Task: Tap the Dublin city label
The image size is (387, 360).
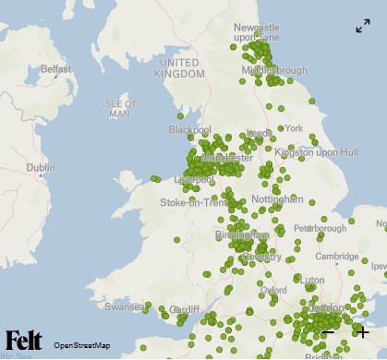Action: click(40, 168)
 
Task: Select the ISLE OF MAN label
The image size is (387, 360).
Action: click(119, 109)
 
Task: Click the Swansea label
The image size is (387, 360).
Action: click(122, 306)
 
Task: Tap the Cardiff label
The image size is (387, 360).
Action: click(185, 308)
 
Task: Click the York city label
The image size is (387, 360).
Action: click(294, 128)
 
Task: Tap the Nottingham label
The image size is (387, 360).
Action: click(276, 198)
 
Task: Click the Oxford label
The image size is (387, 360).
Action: click(272, 290)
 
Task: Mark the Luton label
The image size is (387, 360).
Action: click(313, 279)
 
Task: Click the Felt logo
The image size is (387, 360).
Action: click(23, 339)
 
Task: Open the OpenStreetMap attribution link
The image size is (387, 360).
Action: click(82, 344)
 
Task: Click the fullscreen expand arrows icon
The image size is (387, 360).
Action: click(363, 27)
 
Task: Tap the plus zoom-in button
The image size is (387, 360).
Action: click(361, 332)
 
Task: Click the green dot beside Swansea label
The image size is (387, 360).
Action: click(147, 306)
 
